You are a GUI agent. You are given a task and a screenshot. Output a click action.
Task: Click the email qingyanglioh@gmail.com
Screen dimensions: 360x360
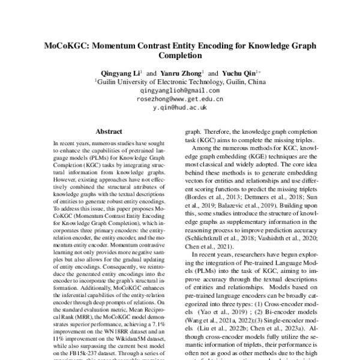click(180, 89)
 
